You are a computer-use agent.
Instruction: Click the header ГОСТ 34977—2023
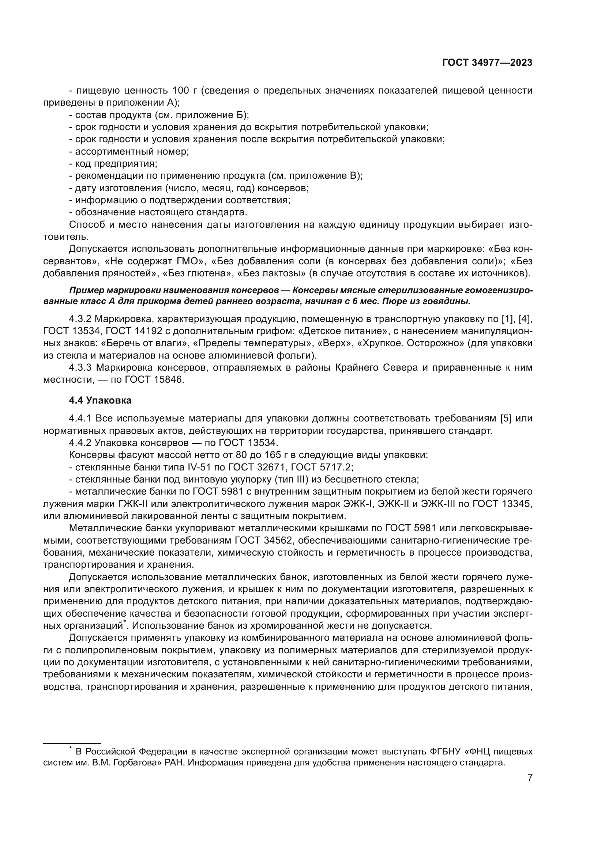487,63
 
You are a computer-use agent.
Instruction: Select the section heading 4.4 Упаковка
100,400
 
